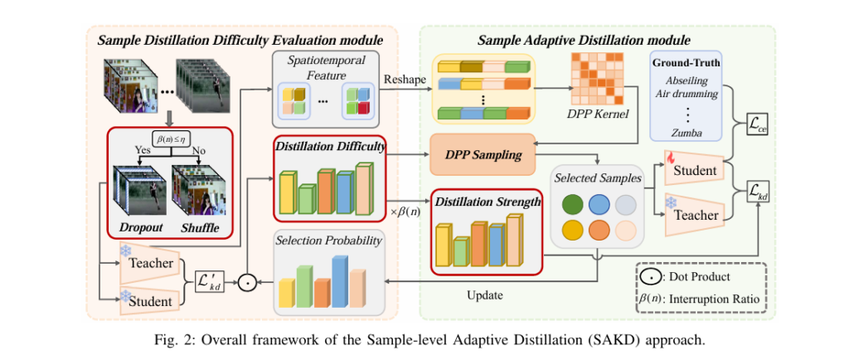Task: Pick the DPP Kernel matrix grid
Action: click(594, 79)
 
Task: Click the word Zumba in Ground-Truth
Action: click(686, 132)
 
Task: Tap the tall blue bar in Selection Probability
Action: click(338, 280)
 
